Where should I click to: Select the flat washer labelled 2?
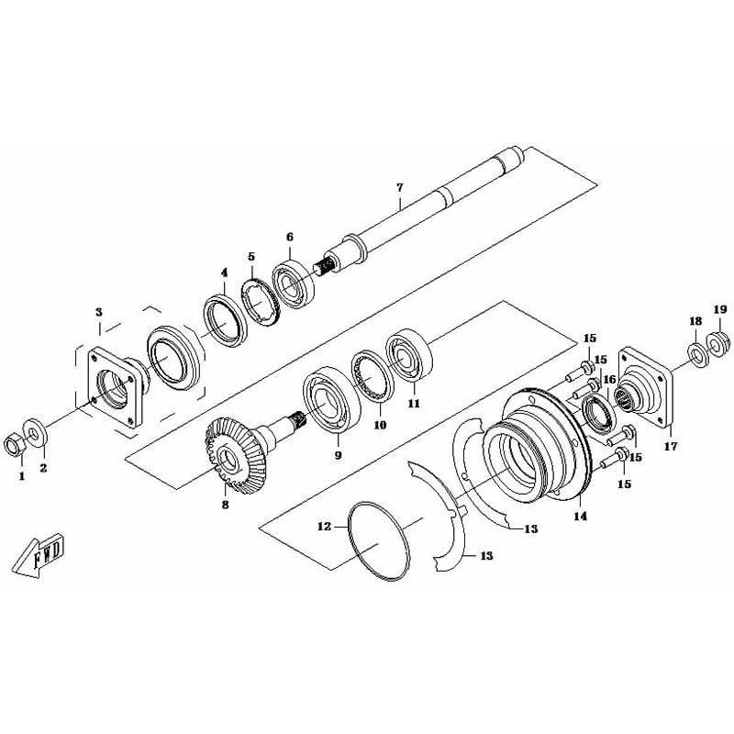pos(34,430)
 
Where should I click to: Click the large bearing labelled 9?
pos(331,403)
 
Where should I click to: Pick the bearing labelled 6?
pos(294,284)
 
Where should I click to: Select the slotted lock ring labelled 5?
pos(261,304)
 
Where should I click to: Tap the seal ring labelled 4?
pos(225,320)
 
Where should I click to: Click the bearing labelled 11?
pos(409,356)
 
